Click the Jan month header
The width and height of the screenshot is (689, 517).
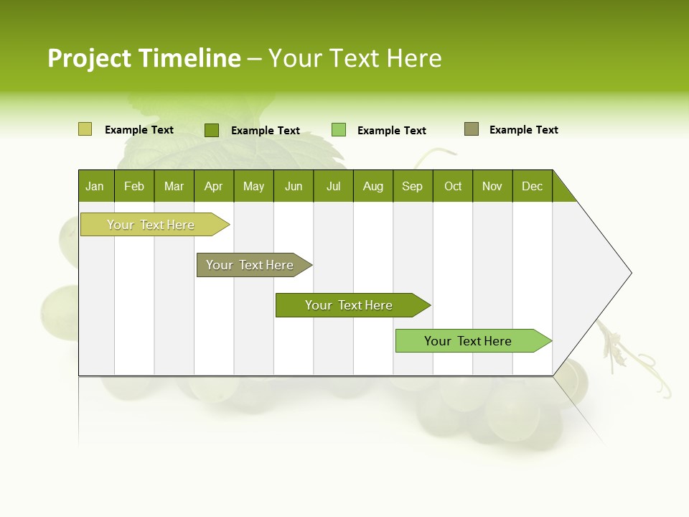pos(95,186)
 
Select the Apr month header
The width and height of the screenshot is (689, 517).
pos(214,186)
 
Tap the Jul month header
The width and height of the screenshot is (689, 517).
pos(333,186)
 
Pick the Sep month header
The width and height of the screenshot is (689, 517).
pos(413,186)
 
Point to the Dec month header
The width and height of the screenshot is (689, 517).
pos(532,186)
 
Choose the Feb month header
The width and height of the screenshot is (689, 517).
pos(134,186)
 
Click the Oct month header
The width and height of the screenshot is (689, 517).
pos(453,186)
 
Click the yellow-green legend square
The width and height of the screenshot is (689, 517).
pos(85,129)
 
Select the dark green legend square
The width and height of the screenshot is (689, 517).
pos(211,130)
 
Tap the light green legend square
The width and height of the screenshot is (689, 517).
pos(338,130)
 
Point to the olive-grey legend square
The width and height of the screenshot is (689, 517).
pos(471,129)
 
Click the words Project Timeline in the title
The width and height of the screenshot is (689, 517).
pos(144,58)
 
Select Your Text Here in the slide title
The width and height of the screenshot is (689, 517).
pos(355,58)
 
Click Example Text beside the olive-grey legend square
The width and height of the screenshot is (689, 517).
pos(523,130)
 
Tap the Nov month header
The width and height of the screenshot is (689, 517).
pos(492,186)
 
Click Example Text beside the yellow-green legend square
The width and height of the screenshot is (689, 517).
pos(139,130)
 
